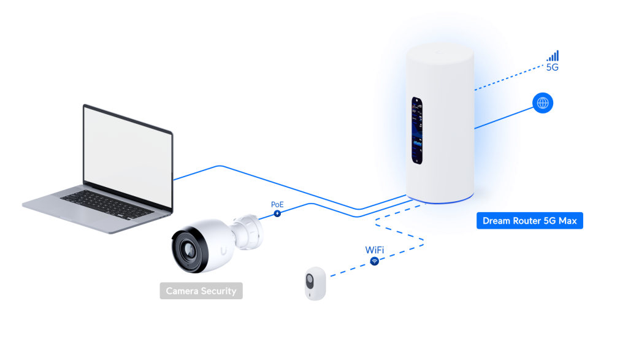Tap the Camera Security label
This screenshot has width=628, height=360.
click(x=201, y=291)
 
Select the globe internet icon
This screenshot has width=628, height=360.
click(x=543, y=103)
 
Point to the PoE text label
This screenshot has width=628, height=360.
click(x=277, y=204)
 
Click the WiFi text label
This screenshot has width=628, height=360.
click(x=374, y=250)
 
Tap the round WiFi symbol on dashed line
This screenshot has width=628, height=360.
click(x=374, y=261)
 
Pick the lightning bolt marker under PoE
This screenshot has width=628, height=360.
click(x=277, y=213)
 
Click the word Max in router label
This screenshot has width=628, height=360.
click(x=567, y=221)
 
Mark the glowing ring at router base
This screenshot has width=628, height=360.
click(x=440, y=200)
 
